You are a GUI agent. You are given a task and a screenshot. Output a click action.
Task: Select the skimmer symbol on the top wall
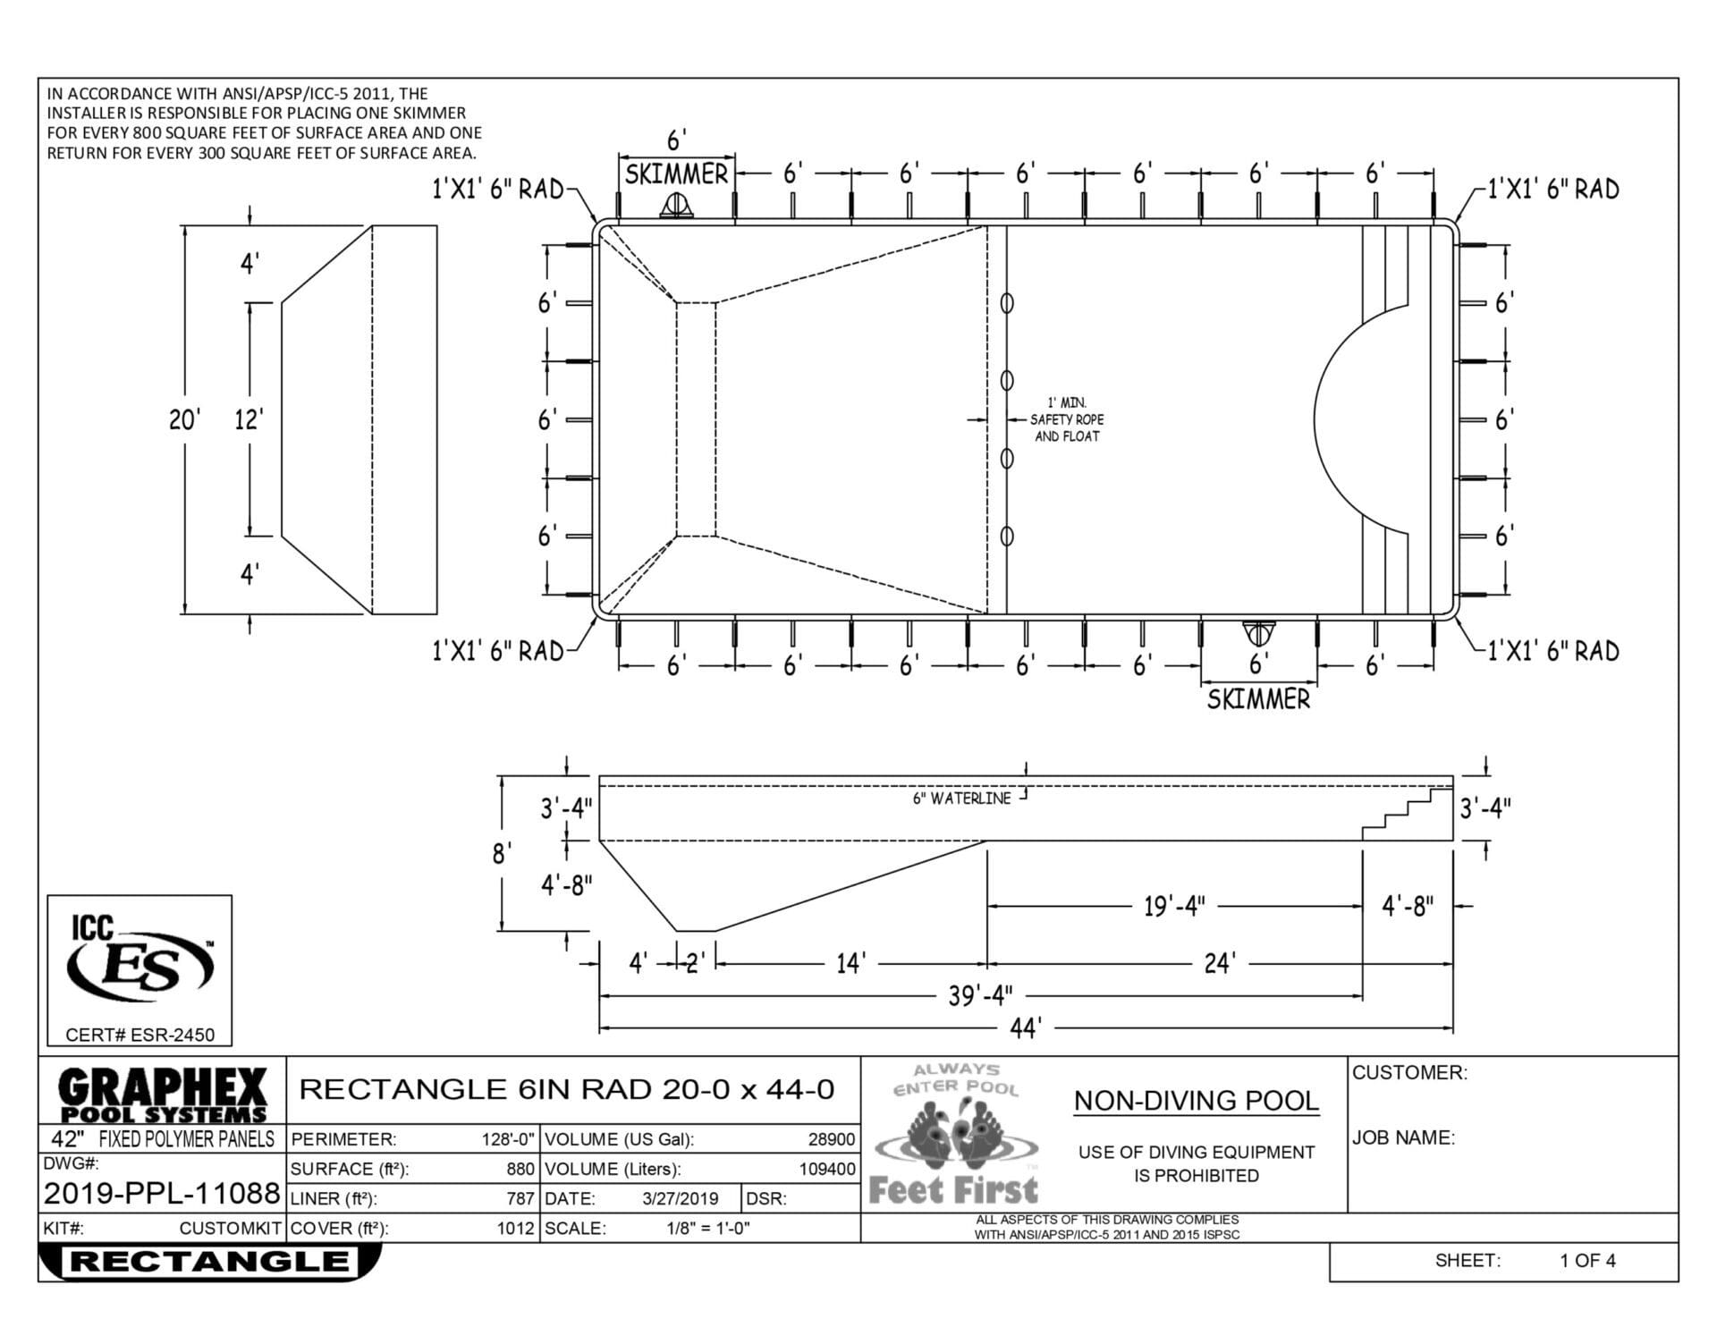676,207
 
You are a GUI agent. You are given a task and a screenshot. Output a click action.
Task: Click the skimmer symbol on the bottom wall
1258,633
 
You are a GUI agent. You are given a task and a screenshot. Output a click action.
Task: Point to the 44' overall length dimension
1026,1029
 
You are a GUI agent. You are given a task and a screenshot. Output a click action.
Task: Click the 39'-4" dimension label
980,995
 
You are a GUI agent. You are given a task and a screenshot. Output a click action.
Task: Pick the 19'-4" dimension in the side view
1174,906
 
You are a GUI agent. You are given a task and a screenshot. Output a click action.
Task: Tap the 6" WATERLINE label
961,799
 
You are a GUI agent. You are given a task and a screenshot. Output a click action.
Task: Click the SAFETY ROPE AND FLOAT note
1066,420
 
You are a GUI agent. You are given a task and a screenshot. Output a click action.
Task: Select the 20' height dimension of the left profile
183,419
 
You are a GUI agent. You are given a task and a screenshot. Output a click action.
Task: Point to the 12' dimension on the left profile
248,419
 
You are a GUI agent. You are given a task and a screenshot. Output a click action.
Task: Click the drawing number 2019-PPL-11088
162,1193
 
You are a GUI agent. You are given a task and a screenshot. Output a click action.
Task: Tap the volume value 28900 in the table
831,1139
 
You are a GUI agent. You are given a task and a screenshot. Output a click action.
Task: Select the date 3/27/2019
680,1199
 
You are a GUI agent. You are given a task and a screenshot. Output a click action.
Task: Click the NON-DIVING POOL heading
1196,1101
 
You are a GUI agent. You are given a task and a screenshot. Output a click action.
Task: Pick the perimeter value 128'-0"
508,1139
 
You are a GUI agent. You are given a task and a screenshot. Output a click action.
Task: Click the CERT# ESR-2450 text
140,1035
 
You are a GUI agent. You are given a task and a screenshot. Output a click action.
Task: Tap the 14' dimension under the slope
850,963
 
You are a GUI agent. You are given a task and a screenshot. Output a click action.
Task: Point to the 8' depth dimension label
502,854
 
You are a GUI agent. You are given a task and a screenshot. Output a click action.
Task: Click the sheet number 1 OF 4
1587,1261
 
